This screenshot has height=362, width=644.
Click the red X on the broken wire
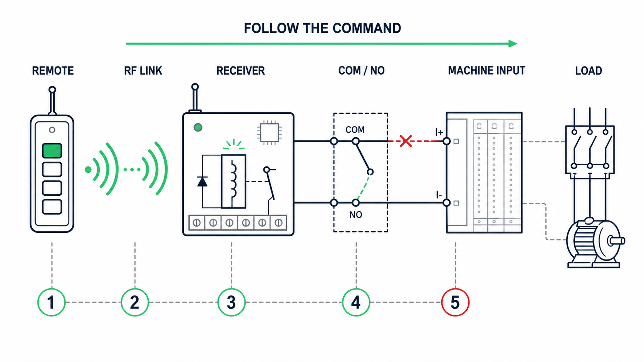[405, 141]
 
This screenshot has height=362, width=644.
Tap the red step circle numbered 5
[455, 302]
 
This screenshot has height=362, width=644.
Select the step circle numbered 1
[52, 302]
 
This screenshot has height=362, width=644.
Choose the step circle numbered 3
[231, 302]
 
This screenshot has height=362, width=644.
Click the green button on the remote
[52, 151]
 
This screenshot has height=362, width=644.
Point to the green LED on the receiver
[198, 127]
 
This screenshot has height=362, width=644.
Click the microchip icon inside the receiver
[269, 132]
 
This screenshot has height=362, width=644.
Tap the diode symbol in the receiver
[202, 182]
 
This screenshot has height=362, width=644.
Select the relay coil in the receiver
[233, 182]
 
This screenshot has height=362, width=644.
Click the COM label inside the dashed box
[355, 130]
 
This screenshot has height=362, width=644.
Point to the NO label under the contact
[356, 215]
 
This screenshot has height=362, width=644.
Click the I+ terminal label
[439, 132]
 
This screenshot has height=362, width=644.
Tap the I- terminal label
[439, 195]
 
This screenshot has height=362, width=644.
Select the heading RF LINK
[143, 71]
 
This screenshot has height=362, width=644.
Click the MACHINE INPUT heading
[487, 71]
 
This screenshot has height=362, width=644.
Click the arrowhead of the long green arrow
[513, 43]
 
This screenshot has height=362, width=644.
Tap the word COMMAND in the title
[367, 28]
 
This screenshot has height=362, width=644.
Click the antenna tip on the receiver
[195, 87]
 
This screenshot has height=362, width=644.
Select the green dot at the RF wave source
[88, 170]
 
